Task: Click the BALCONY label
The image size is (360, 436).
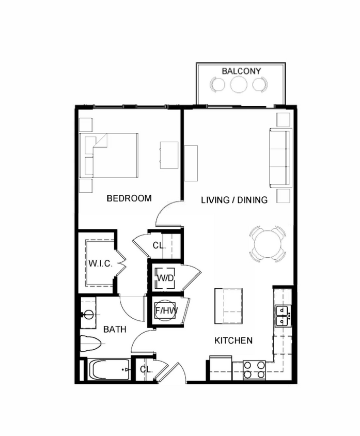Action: (241, 71)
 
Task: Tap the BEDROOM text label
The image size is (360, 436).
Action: (129, 198)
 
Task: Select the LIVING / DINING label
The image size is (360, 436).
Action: (234, 199)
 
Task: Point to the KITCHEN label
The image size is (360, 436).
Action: (234, 340)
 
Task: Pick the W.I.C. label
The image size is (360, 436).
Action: (100, 263)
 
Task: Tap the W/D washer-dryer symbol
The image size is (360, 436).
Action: (165, 278)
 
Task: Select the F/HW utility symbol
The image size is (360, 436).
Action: (166, 311)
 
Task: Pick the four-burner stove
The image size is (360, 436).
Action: (254, 370)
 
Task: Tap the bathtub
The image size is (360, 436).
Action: (110, 370)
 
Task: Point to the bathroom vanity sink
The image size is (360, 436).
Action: (88, 313)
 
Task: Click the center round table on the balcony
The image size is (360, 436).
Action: (239, 84)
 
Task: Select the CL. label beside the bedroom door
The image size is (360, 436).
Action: (159, 246)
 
